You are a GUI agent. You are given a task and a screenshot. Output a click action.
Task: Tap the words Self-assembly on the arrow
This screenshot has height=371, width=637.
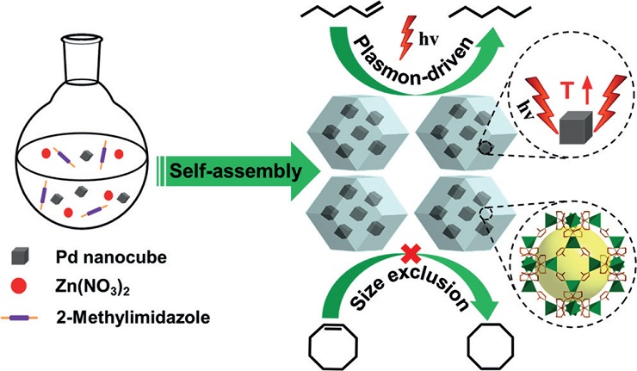[236, 171]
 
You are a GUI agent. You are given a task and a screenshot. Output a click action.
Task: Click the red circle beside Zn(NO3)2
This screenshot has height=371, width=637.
[19, 287]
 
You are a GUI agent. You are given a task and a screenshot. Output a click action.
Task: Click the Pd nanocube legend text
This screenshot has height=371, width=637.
[111, 257]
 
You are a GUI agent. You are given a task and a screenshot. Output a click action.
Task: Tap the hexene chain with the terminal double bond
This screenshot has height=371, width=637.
[342, 11]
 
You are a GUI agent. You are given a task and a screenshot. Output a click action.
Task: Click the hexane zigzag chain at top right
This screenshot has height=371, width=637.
[490, 12]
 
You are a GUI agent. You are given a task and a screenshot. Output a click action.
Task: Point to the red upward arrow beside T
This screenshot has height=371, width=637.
[585, 90]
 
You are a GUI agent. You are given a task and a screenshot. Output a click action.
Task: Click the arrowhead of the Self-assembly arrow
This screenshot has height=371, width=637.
[304, 171]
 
